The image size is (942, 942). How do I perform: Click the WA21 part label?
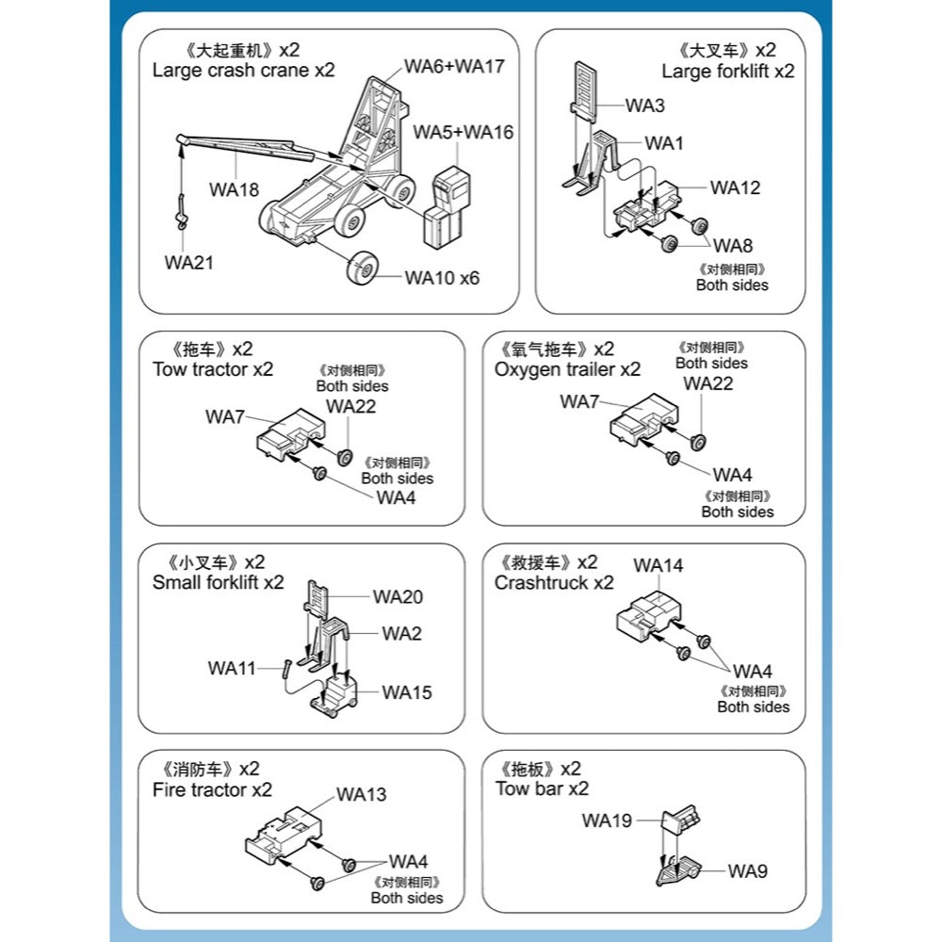coord(188,263)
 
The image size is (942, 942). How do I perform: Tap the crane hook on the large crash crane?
coord(181,219)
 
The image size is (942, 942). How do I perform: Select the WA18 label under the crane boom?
coord(235,188)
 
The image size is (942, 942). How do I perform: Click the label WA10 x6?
coord(442,278)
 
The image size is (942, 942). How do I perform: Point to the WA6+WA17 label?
coord(455,66)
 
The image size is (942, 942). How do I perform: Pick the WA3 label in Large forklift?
coord(645,105)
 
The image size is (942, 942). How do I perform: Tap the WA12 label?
coord(735,187)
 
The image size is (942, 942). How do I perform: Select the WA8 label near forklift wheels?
coord(733,246)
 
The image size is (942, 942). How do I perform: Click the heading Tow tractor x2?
coord(213,369)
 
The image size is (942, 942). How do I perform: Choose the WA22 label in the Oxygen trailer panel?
coord(708,383)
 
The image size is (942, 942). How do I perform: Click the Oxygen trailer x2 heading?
coord(567,369)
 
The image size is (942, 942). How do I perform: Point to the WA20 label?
coord(398,596)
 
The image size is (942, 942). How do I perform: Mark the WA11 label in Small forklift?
coord(232,668)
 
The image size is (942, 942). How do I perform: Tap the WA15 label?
coord(407,692)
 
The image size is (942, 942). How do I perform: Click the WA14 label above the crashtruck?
coord(658,565)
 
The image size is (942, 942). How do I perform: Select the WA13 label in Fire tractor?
coord(362,794)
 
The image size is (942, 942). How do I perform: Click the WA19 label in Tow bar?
coord(607,820)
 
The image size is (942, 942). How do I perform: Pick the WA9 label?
coord(747,871)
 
